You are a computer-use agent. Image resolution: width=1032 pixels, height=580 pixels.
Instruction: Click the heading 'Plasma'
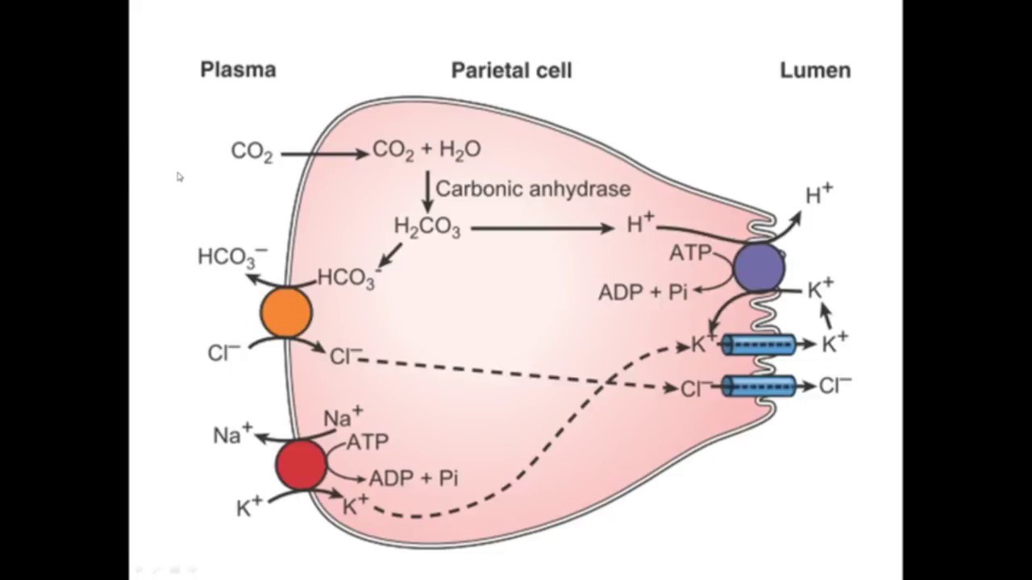[x=238, y=70]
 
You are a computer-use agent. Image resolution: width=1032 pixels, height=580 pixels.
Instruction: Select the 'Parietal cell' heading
[x=511, y=71]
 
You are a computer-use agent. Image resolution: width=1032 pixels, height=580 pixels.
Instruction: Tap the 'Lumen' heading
[x=815, y=71]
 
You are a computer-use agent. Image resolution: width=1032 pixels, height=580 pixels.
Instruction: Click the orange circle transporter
[x=286, y=313]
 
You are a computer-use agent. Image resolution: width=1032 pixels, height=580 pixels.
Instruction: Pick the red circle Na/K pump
[x=301, y=465]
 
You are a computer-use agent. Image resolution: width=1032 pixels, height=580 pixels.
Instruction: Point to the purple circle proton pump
[x=759, y=267]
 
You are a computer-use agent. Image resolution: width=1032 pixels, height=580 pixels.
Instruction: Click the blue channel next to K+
[x=759, y=346]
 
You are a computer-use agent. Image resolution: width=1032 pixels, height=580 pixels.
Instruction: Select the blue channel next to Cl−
[x=759, y=387]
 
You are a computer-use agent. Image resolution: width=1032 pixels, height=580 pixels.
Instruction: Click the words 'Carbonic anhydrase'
[x=533, y=189]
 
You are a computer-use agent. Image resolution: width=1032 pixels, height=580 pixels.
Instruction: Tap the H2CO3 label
[x=427, y=228]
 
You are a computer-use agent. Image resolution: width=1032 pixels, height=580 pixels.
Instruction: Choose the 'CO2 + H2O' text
[x=427, y=151]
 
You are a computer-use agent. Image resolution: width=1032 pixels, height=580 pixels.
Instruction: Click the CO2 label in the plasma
[x=252, y=152]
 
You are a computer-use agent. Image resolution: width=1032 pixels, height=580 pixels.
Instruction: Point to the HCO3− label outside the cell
[x=231, y=257]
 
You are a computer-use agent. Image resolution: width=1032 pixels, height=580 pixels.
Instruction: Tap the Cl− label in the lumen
[x=834, y=386]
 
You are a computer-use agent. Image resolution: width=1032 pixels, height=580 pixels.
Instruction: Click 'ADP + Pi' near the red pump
[x=413, y=478]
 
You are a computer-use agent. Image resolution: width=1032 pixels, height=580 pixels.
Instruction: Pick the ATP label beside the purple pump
[x=690, y=254]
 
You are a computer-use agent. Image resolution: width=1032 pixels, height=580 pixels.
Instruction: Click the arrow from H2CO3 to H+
[x=543, y=229]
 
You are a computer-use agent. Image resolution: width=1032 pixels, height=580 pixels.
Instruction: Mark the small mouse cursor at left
[x=179, y=176]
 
